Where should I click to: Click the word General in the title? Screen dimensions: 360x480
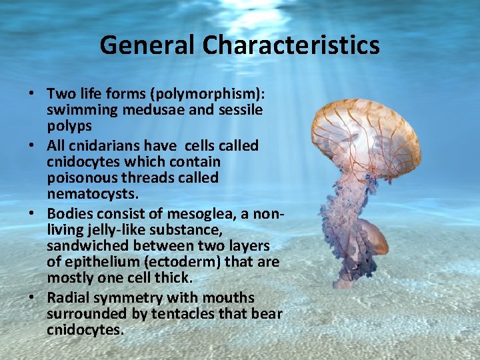(x=148, y=45)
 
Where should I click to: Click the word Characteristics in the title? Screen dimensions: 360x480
(x=292, y=45)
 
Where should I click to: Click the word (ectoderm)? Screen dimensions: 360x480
(x=189, y=261)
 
